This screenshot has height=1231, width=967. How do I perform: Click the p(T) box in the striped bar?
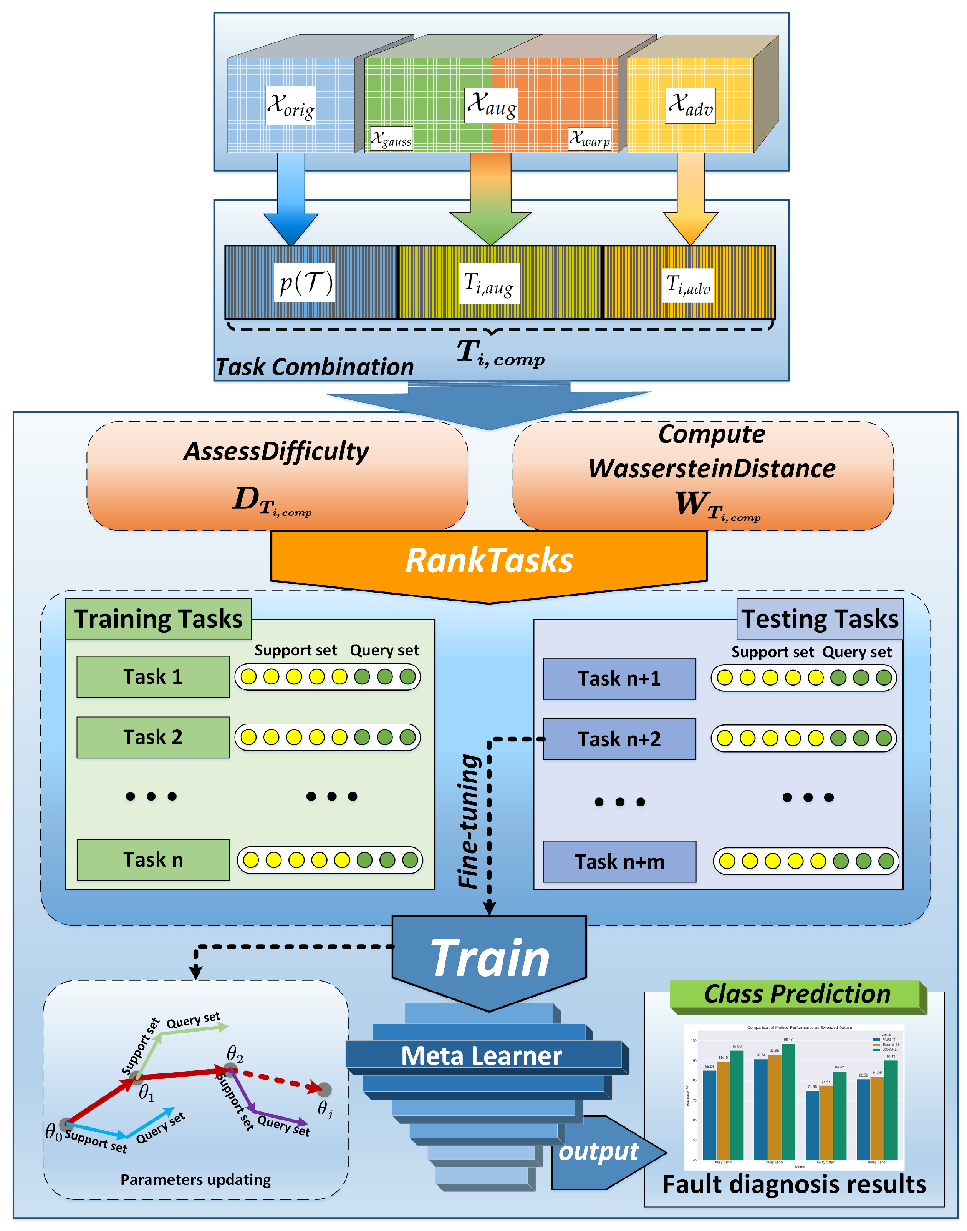coord(305,282)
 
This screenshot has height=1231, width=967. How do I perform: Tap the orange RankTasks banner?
coord(489,561)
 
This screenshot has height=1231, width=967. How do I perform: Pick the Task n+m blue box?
coord(619,862)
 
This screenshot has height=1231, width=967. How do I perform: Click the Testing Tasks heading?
coord(819,619)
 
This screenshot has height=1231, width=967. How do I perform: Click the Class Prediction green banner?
coord(796,994)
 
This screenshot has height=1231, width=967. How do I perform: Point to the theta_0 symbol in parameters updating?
coord(53,1132)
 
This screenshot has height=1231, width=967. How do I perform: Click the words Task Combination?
coord(315,367)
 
